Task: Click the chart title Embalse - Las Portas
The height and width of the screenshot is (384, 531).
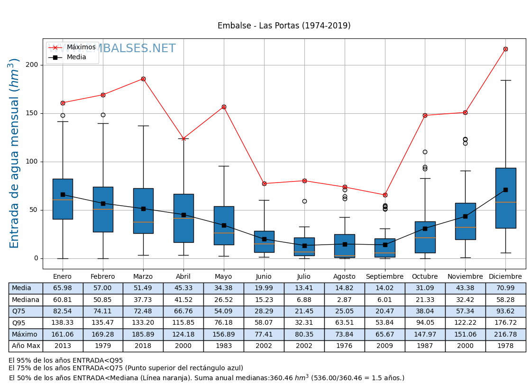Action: [284, 26]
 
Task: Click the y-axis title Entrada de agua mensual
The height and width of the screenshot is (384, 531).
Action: [15, 153]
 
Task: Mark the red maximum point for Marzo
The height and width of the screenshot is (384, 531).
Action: [143, 79]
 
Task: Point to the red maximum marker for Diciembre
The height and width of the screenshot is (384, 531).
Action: [505, 49]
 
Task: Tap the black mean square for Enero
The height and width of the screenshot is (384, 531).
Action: [63, 194]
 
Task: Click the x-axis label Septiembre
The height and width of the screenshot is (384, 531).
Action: [385, 277]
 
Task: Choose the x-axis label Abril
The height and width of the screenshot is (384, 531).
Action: [183, 277]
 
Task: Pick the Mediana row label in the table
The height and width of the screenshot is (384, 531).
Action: [26, 300]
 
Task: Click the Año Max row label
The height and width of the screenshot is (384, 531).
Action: [26, 346]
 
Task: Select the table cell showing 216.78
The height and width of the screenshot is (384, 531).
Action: [505, 335]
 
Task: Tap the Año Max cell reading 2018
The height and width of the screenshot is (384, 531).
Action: [143, 346]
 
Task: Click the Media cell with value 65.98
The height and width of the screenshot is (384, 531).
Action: [63, 288]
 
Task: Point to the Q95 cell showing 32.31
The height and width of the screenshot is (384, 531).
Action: [304, 323]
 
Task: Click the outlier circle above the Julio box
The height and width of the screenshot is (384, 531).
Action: [304, 201]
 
